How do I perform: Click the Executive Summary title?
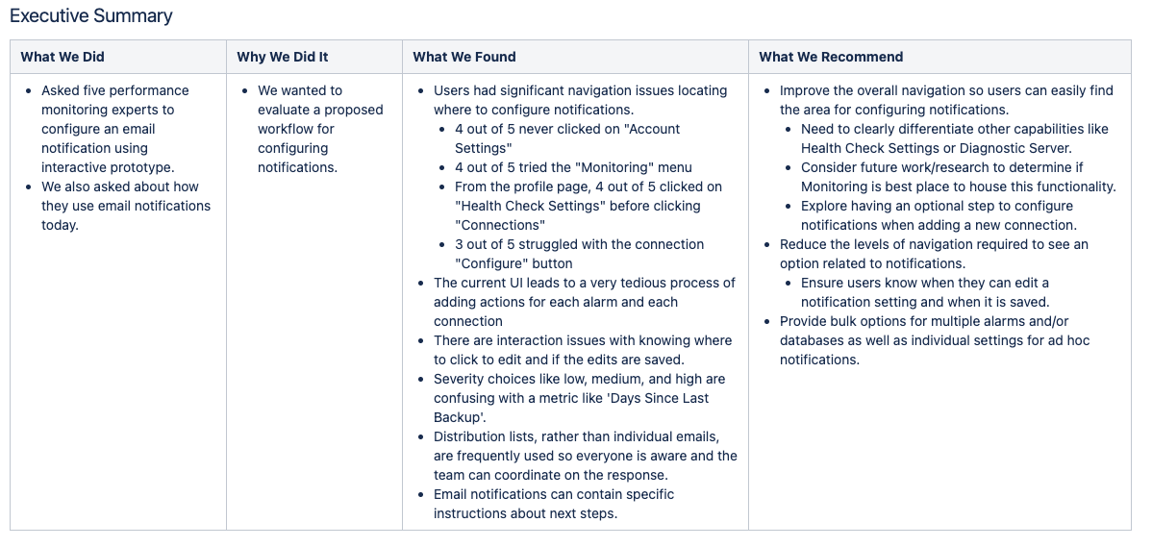click(x=91, y=15)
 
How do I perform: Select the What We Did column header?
click(x=63, y=57)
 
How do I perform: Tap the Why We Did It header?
click(x=282, y=57)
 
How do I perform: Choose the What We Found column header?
click(x=464, y=57)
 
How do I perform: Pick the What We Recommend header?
click(x=831, y=57)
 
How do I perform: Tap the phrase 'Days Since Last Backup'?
click(x=570, y=408)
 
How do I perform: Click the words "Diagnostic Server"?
click(x=1014, y=148)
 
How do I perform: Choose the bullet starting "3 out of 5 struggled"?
click(x=579, y=254)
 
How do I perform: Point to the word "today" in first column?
click(x=59, y=225)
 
